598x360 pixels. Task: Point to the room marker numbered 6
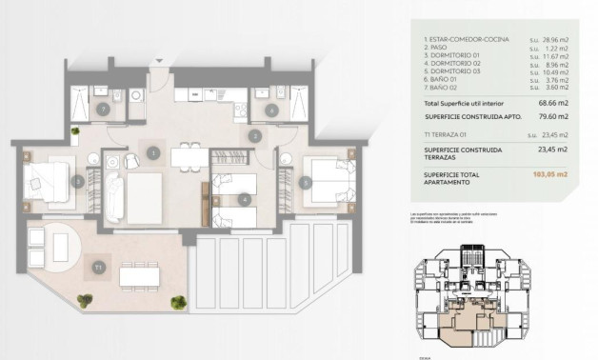[272, 110]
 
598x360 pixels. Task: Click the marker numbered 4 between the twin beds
[246, 200]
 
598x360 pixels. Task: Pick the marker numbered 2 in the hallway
[254, 136]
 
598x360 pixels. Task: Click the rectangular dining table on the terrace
[140, 274]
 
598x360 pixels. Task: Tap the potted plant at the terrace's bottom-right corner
[178, 302]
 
